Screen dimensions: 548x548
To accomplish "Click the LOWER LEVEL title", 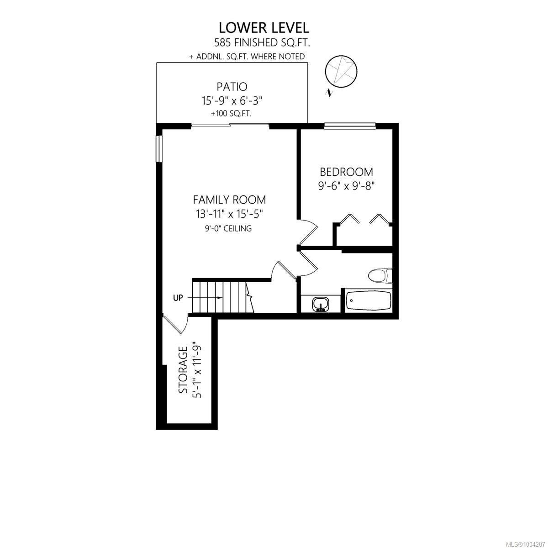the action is [x=263, y=28].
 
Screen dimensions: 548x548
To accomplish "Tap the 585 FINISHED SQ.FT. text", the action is [x=262, y=43].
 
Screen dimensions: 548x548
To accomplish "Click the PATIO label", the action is [x=232, y=86].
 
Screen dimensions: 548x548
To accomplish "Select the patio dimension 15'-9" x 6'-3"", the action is [x=232, y=100].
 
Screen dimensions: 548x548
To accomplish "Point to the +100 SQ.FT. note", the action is [x=232, y=114].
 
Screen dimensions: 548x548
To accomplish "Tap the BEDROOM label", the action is [x=346, y=172].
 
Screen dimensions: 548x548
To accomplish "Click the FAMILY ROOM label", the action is [x=230, y=200].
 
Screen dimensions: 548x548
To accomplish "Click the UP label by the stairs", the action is [x=178, y=298].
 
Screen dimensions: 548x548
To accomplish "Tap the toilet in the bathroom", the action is [x=380, y=275].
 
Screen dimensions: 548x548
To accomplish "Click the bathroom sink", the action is [x=321, y=304].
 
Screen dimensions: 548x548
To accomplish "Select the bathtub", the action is [x=368, y=301].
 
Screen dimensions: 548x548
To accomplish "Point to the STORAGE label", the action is [x=183, y=370].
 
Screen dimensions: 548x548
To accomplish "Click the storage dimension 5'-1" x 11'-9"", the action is [x=197, y=370].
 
